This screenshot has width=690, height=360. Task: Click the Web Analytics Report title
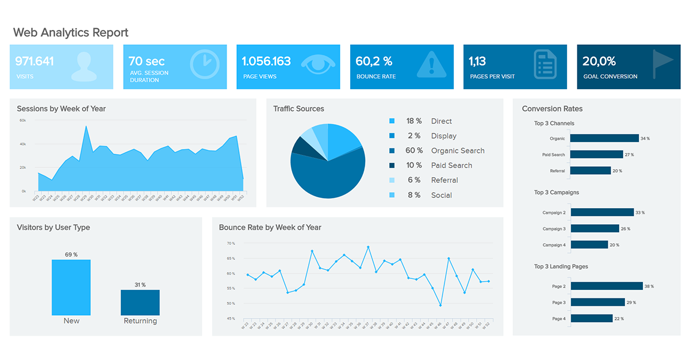click(71, 33)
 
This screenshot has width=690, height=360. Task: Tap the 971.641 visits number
click(34, 61)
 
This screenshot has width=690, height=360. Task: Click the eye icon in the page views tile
click(318, 64)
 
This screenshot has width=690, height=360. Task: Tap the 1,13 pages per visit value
click(477, 61)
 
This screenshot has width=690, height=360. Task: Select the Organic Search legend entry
click(458, 151)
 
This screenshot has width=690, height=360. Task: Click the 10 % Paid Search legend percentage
click(414, 166)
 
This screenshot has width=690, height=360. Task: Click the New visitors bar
click(71, 287)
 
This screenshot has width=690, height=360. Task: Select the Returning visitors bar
click(140, 302)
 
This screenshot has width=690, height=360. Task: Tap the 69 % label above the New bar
click(71, 255)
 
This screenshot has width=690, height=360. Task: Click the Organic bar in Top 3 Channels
click(605, 138)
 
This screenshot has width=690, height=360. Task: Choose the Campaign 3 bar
click(595, 228)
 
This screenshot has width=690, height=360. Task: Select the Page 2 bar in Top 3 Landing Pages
click(607, 286)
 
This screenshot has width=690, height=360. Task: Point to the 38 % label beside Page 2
click(649, 286)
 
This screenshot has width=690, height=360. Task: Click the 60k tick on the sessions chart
click(23, 120)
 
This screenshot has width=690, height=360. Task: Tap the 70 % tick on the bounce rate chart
click(231, 243)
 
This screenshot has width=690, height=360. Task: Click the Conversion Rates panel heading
click(552, 109)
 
